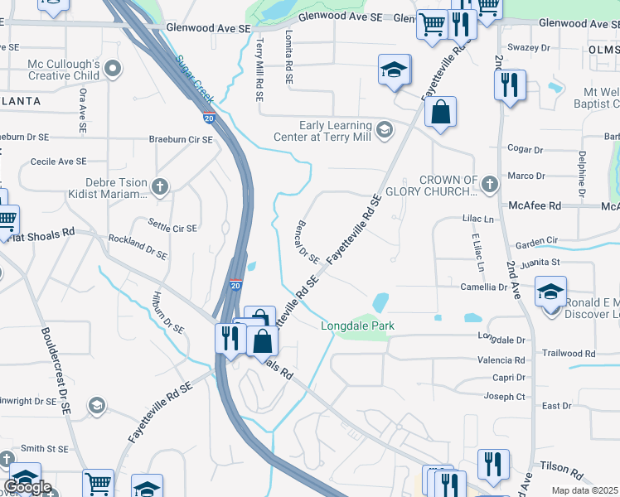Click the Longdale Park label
[357, 326]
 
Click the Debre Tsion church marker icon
[160, 187]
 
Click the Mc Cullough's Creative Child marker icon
[114, 69]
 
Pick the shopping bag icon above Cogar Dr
[441, 113]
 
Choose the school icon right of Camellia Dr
[550, 292]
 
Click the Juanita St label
[545, 263]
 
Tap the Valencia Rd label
[501, 360]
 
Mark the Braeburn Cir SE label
[181, 140]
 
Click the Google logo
[27, 487]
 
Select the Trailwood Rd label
[568, 354]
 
